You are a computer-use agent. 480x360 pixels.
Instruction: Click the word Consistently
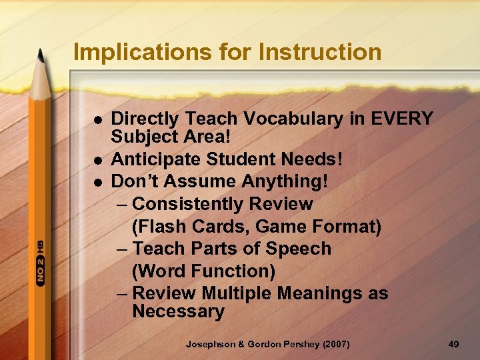[223, 204]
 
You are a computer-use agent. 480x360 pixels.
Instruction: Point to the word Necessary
[178, 311]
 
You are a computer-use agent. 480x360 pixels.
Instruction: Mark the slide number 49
[454, 344]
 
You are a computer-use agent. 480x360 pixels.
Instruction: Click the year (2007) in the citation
[335, 344]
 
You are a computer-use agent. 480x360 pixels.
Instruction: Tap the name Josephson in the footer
[213, 344]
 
